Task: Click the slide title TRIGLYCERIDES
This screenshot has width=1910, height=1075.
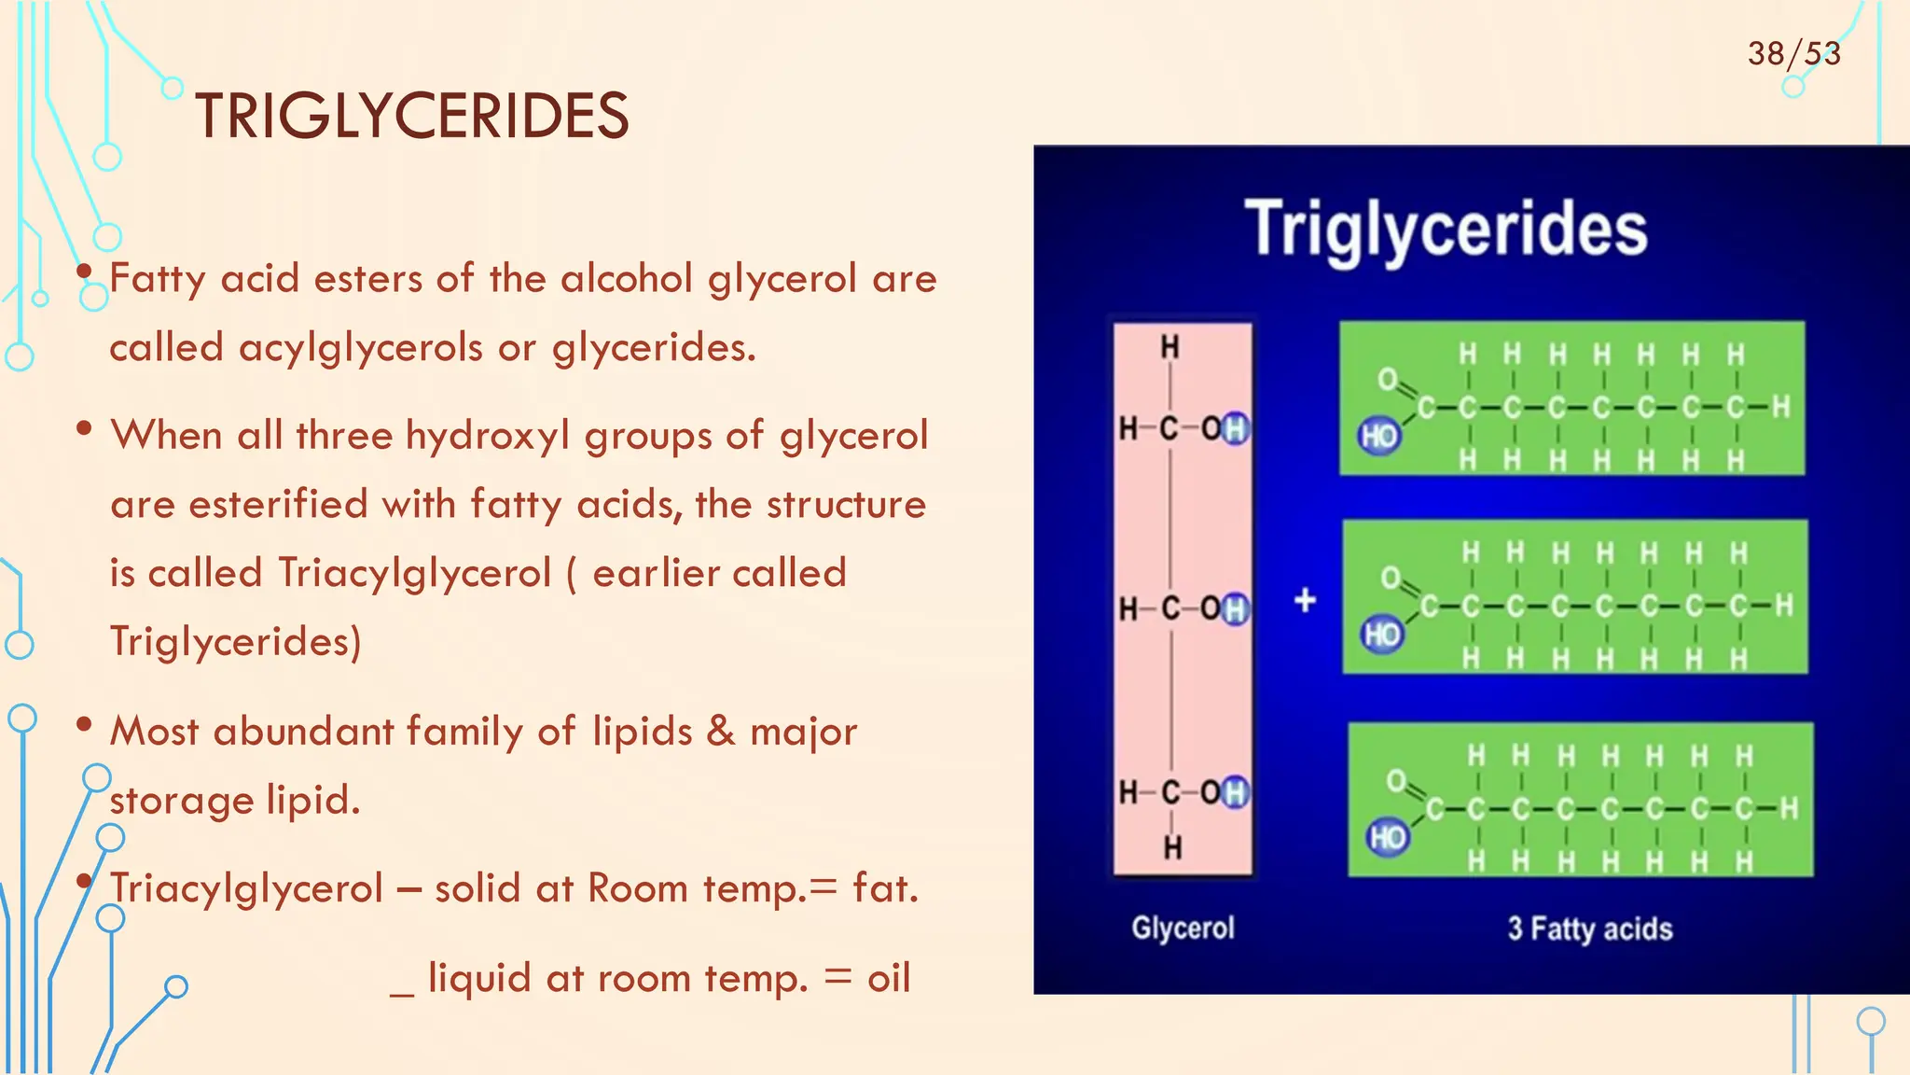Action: pos(411,117)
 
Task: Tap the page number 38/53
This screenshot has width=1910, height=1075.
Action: pos(1793,53)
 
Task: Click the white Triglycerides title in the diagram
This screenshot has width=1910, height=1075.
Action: pos(1446,229)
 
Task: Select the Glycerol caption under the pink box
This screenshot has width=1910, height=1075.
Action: pos(1183,928)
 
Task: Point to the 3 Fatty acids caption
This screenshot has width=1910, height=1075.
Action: pos(1589,928)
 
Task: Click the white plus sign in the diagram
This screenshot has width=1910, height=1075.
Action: pos(1305,600)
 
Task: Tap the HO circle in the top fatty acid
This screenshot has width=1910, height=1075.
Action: pos(1379,436)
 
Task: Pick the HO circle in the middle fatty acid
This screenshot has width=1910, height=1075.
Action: pos(1382,635)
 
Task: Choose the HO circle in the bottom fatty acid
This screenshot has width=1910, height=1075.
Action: pos(1387,837)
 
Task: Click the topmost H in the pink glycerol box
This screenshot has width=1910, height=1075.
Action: pos(1170,347)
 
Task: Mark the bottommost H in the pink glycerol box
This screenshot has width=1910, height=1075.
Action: pos(1172,846)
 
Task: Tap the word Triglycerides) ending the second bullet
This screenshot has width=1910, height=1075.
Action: pos(235,642)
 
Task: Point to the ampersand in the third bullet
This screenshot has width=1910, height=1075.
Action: pos(720,731)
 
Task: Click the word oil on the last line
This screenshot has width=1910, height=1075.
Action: pos(888,978)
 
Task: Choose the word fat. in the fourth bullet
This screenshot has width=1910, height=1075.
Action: pos(885,887)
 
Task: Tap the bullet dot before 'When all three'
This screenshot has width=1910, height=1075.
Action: pos(84,428)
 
